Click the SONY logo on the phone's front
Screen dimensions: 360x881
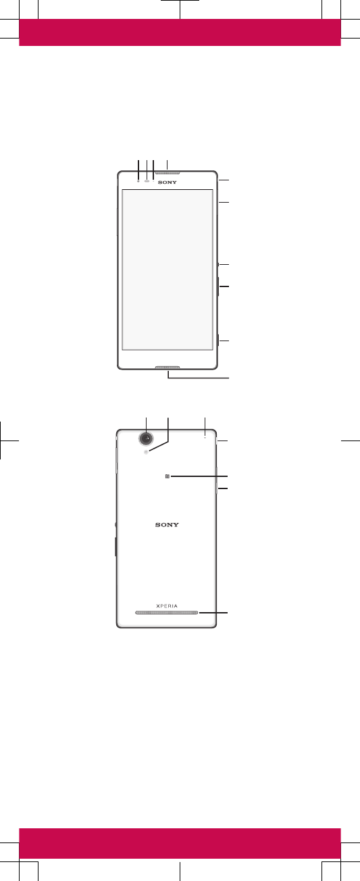coord(168,182)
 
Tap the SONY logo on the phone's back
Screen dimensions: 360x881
coord(167,525)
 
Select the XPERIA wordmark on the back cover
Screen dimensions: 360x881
coord(167,606)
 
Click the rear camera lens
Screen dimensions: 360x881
coord(146,438)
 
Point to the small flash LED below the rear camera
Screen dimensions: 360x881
coord(146,452)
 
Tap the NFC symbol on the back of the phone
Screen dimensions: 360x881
coord(168,476)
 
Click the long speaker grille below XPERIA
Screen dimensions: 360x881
coord(167,613)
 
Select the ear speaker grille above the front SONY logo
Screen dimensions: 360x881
coord(168,173)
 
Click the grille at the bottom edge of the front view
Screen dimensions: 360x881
coord(168,368)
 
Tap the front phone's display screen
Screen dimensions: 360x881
coord(168,270)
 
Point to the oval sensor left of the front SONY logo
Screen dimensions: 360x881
coord(147,181)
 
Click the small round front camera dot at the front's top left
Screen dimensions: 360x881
coord(138,181)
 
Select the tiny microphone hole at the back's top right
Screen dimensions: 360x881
coord(205,437)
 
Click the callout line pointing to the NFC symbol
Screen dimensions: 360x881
coord(199,476)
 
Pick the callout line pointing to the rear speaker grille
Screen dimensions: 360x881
coord(213,613)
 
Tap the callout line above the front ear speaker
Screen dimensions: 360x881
coord(168,165)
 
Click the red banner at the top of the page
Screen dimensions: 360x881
coord(180,32)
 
